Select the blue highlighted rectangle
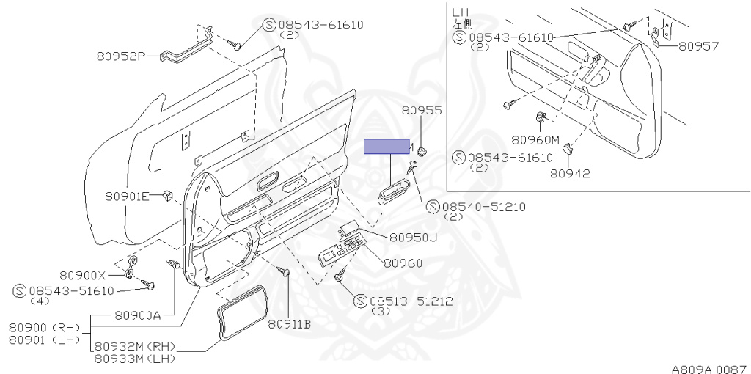point(387,146)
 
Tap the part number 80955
point(422,111)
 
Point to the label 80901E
point(127,196)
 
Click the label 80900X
point(83,276)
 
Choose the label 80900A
point(139,315)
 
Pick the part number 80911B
point(289,323)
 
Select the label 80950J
point(413,237)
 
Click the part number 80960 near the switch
point(403,263)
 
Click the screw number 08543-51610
point(72,290)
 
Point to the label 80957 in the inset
point(698,45)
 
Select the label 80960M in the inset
point(535,140)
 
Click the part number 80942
point(570,173)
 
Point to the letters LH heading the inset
point(461,12)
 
